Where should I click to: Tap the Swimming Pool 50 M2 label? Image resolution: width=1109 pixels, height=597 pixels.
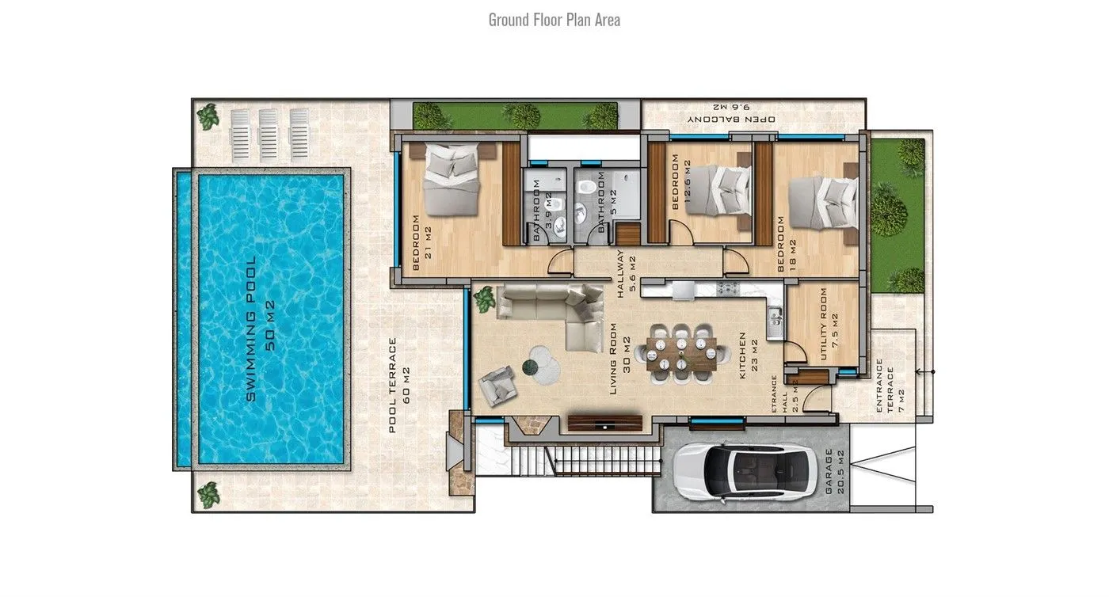pyautogui.click(x=261, y=329)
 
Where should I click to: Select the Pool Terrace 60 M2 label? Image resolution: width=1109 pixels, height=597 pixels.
pyautogui.click(x=399, y=385)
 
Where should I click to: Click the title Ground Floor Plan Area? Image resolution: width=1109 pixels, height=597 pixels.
pyautogui.click(x=554, y=20)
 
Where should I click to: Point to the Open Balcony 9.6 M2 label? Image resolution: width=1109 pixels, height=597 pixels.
pyautogui.click(x=732, y=113)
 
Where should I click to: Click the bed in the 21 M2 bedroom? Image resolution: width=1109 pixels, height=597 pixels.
pyautogui.click(x=451, y=179)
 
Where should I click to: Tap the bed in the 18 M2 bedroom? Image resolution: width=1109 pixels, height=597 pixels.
pyautogui.click(x=823, y=203)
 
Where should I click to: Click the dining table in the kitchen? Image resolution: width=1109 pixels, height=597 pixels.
pyautogui.click(x=682, y=353)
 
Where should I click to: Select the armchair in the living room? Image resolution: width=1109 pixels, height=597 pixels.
pyautogui.click(x=497, y=385)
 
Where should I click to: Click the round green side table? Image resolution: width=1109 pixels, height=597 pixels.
pyautogui.click(x=530, y=367)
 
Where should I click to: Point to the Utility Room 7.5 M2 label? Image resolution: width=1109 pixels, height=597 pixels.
pyautogui.click(x=829, y=324)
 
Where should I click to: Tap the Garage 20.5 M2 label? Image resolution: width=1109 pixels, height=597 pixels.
pyautogui.click(x=834, y=472)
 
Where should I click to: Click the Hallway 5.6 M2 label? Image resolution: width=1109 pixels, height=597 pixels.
pyautogui.click(x=626, y=274)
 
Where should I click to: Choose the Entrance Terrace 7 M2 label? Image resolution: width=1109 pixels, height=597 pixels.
pyautogui.click(x=890, y=386)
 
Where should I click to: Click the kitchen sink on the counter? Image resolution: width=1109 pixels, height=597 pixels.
pyautogui.click(x=775, y=318)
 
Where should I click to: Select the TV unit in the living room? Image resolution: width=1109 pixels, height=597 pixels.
pyautogui.click(x=605, y=424)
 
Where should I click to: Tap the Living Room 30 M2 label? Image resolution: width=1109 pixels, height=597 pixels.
pyautogui.click(x=619, y=358)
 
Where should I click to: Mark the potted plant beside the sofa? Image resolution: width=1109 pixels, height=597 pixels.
pyautogui.click(x=484, y=299)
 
